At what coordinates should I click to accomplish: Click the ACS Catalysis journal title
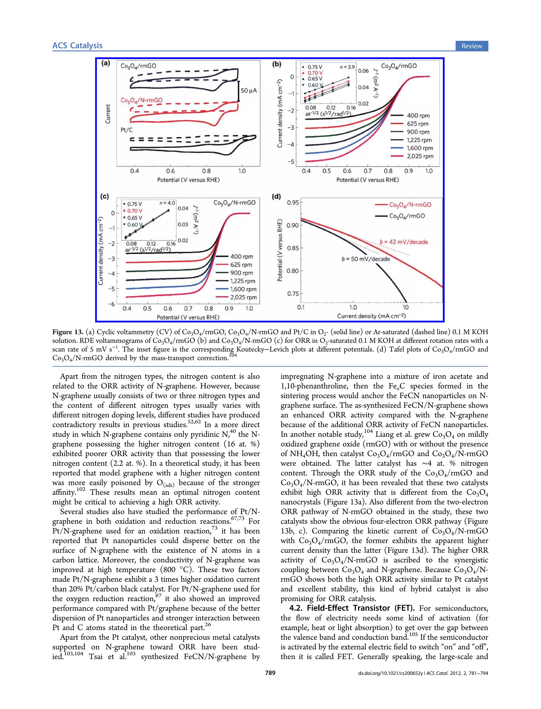coord(77,46)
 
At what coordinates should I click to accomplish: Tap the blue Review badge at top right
coord(472,46)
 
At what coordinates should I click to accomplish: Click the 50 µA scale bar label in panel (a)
coord(249,90)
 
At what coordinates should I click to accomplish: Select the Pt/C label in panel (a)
coord(127,130)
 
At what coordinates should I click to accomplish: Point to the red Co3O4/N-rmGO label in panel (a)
coord(141,100)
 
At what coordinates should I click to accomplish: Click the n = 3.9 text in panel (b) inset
coord(347,67)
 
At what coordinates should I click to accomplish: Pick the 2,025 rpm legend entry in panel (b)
coord(419,156)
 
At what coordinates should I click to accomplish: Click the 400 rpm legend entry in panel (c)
coord(241,257)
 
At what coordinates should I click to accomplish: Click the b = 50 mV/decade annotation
coord(366,259)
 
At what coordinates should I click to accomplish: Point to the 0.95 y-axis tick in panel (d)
coord(293,202)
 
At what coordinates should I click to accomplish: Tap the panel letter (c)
coord(105,196)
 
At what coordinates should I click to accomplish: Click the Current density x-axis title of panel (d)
coord(371,316)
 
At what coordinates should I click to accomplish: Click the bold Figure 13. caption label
coord(68,332)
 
